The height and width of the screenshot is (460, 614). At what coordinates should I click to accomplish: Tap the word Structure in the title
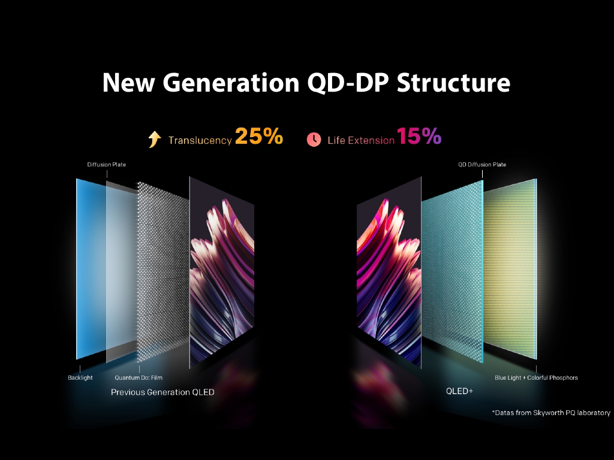pyautogui.click(x=453, y=83)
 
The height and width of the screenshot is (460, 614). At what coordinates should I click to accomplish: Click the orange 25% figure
pyautogui.click(x=258, y=137)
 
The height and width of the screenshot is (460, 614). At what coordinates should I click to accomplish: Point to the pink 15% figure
pyautogui.click(x=419, y=137)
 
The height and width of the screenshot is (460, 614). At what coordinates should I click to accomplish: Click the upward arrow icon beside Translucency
pyautogui.click(x=155, y=140)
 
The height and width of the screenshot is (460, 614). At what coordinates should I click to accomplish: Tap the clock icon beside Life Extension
pyautogui.click(x=314, y=140)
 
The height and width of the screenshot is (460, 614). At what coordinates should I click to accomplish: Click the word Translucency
pyautogui.click(x=200, y=141)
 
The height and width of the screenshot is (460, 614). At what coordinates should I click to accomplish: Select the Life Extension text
pyautogui.click(x=361, y=141)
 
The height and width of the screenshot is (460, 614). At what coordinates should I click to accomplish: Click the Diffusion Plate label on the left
pyautogui.click(x=106, y=165)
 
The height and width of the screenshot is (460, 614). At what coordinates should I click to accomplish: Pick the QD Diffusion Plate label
pyautogui.click(x=482, y=165)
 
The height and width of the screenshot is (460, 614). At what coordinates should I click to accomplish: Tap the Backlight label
pyautogui.click(x=80, y=378)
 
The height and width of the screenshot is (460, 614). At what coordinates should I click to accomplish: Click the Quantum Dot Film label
pyautogui.click(x=139, y=378)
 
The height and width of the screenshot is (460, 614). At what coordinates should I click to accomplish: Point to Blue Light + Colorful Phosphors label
pyautogui.click(x=536, y=378)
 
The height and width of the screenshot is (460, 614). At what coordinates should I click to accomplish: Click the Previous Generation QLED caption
pyautogui.click(x=162, y=392)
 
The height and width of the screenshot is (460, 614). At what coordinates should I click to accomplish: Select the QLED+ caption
pyautogui.click(x=459, y=391)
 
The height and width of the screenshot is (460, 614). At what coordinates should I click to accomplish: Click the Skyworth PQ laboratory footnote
pyautogui.click(x=551, y=413)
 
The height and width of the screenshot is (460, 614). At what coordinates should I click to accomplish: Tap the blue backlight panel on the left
pyautogui.click(x=90, y=270)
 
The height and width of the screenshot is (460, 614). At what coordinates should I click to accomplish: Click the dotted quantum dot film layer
pyautogui.click(x=162, y=270)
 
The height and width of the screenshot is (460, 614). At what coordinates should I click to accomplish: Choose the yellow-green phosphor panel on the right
pyautogui.click(x=510, y=270)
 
